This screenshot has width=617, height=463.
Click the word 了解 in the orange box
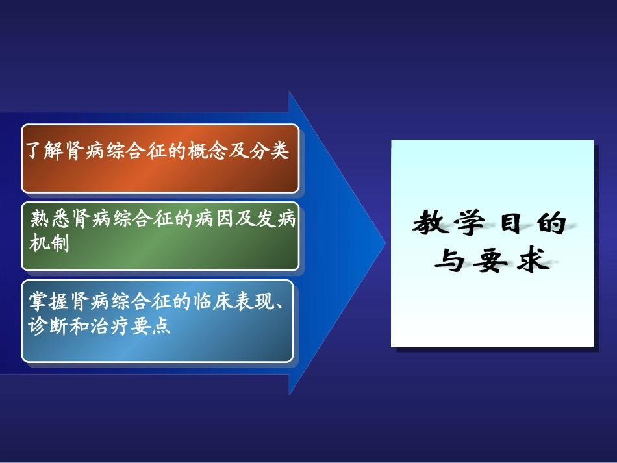(x=43, y=151)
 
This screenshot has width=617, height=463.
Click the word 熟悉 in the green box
(x=49, y=219)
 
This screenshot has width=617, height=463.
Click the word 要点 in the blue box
(x=154, y=325)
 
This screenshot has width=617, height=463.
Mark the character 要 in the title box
(x=491, y=262)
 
